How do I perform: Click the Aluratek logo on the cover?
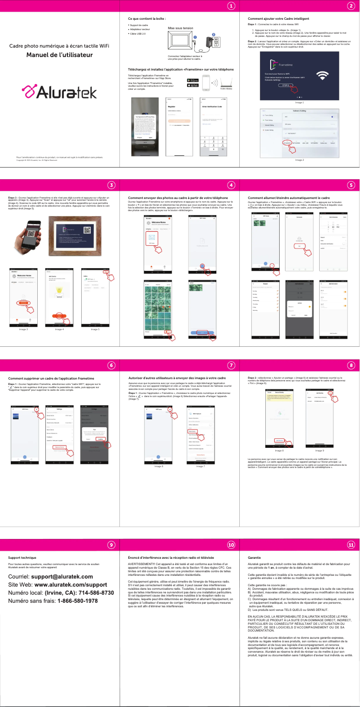[59, 92]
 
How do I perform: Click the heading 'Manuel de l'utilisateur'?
[59, 55]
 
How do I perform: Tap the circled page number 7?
[231, 365]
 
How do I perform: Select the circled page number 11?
[351, 544]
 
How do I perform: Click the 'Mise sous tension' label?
[180, 28]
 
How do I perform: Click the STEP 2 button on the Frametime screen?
[285, 85]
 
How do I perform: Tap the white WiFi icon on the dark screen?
[322, 75]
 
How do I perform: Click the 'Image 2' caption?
[299, 160]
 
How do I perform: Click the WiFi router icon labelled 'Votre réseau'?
[226, 83]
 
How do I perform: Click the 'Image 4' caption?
[59, 329]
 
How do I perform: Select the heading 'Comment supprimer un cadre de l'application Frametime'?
[51, 378]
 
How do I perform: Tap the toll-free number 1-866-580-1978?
[77, 601]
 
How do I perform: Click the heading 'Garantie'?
[254, 557]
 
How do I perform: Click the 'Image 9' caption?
[319, 451]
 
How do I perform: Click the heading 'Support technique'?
[22, 557]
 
